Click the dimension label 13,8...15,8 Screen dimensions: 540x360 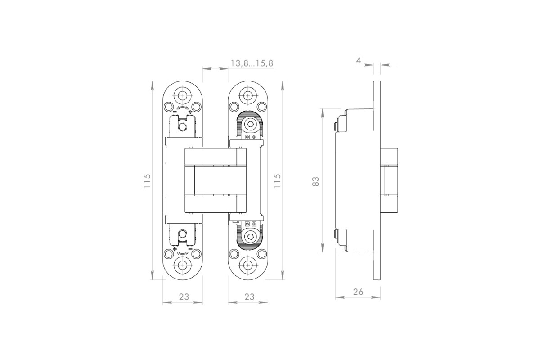click(x=252, y=63)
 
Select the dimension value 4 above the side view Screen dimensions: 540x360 click(x=359, y=60)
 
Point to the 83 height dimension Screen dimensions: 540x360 click(x=315, y=181)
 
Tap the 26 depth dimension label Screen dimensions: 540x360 click(x=358, y=292)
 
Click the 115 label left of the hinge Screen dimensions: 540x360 click(x=147, y=181)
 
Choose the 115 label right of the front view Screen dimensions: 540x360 click(x=277, y=181)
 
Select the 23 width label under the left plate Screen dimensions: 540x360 click(x=184, y=297)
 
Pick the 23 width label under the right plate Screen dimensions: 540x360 click(x=249, y=297)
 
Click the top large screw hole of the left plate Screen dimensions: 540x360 click(x=183, y=96)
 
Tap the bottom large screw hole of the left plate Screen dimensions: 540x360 click(x=183, y=265)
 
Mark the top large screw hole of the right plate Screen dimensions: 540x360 click(x=248, y=96)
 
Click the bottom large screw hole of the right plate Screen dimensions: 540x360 click(x=248, y=265)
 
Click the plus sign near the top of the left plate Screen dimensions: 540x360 click(x=190, y=112)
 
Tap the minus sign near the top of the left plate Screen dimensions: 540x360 click(x=175, y=112)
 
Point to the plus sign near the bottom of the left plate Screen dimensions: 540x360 click(x=175, y=249)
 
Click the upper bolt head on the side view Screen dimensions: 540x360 click(x=335, y=126)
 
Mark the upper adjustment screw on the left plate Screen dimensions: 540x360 click(x=183, y=126)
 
